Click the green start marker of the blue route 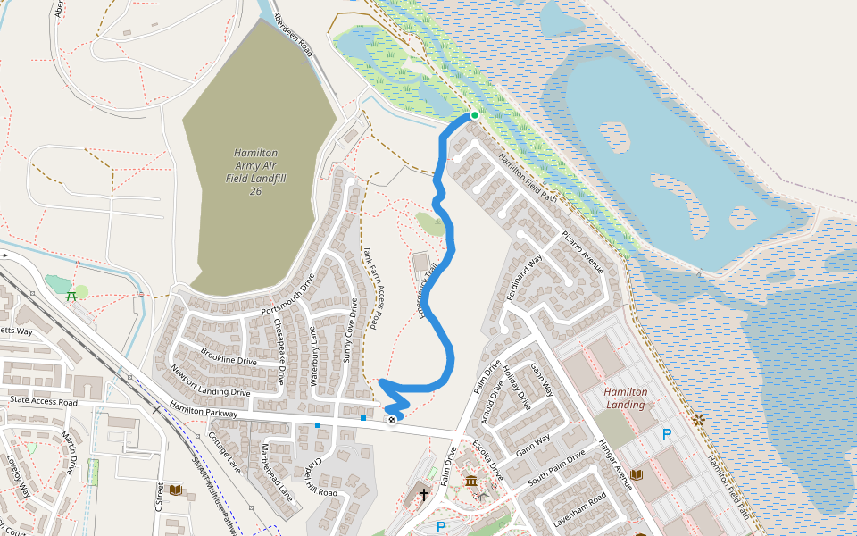pyautogui.click(x=475, y=115)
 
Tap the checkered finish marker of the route pyautogui.click(x=391, y=419)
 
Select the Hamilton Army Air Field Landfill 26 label pyautogui.click(x=255, y=172)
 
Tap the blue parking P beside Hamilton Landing pyautogui.click(x=666, y=435)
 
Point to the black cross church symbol pyautogui.click(x=423, y=492)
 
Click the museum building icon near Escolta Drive pyautogui.click(x=470, y=483)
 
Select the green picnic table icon pyautogui.click(x=71, y=297)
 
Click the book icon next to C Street pyautogui.click(x=175, y=490)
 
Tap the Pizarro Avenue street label pyautogui.click(x=582, y=251)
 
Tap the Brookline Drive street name pyautogui.click(x=228, y=356)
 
